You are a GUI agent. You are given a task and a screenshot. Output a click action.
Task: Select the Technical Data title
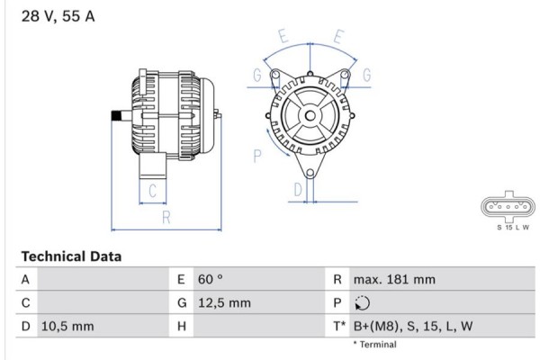coord(71,256)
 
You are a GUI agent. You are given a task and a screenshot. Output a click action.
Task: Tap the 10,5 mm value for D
coord(67,326)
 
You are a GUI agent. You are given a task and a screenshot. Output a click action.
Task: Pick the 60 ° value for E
coord(211,280)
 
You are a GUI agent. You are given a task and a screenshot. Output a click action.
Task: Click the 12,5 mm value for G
coord(223,303)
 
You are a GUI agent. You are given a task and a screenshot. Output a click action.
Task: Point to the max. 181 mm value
coord(394,280)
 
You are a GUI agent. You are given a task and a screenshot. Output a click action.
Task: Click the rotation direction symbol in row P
coord(363,303)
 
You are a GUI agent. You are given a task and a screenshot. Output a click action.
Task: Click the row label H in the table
coord(182,326)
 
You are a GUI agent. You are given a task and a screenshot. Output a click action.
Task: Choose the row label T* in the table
coord(339,326)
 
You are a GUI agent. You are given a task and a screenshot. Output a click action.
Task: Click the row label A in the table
coord(25,280)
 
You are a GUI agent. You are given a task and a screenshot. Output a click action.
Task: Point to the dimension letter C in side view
coord(152,190)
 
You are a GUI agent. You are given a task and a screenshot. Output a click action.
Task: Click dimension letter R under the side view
coord(166,216)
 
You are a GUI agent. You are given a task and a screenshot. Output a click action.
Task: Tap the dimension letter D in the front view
coord(297,189)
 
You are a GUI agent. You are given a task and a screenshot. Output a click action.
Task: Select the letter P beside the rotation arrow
coord(256,156)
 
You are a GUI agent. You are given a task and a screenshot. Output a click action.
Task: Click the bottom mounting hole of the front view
coord(310,170)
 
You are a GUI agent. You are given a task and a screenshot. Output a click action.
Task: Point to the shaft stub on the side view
coord(117,115)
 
